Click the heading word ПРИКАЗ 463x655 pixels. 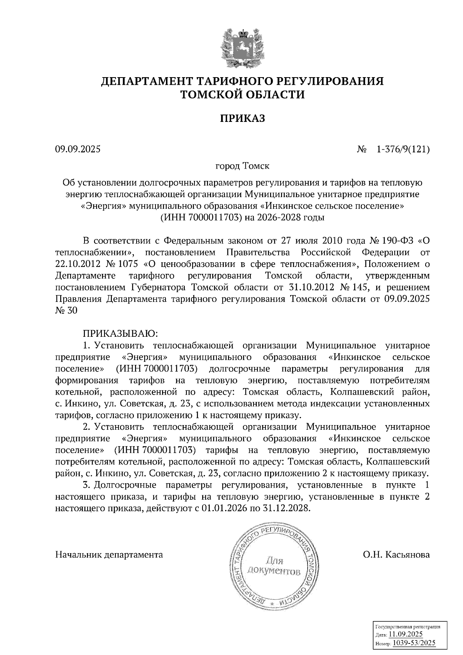point(242,118)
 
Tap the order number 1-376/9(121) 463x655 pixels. point(403,149)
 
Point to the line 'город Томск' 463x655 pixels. point(242,166)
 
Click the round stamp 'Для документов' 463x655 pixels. point(274,566)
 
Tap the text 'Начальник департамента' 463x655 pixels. point(109,555)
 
